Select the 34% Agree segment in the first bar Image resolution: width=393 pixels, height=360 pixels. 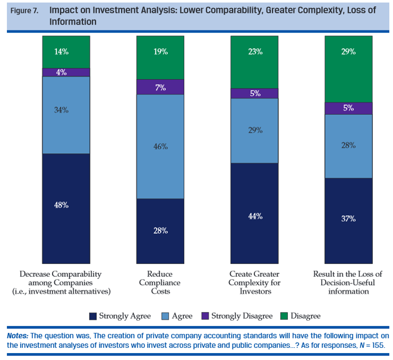click(66, 115)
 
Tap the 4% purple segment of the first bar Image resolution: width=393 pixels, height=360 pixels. click(66, 72)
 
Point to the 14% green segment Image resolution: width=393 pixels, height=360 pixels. click(66, 52)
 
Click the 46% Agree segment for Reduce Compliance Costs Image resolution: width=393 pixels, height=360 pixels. click(160, 146)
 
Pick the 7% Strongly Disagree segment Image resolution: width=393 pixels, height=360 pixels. click(160, 87)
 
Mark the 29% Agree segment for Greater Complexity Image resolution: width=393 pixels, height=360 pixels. click(254, 131)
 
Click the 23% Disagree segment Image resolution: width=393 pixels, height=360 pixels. click(254, 62)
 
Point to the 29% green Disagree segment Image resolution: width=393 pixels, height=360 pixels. click(348, 69)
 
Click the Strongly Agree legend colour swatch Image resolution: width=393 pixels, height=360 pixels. click(92, 316)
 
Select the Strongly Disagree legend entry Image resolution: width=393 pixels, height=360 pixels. click(241, 316)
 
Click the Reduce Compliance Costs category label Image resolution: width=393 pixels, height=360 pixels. click(160, 282)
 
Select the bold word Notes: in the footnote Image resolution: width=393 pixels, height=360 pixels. click(18, 336)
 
